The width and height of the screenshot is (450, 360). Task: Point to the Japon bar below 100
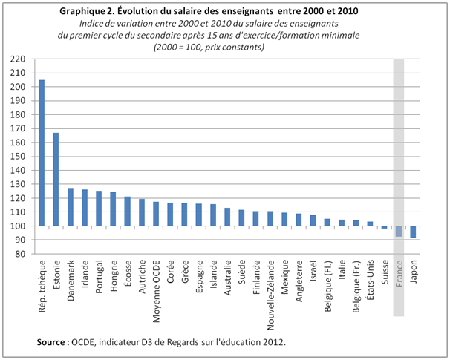[413, 232]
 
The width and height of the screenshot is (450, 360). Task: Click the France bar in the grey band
[399, 232]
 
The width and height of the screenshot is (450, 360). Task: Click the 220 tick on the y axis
[20, 59]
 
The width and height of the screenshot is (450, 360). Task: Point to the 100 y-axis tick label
[20, 226]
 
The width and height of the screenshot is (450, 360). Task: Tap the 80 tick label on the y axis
[22, 254]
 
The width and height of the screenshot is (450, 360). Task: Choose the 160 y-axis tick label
[20, 143]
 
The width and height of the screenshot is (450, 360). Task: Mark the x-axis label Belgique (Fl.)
[327, 283]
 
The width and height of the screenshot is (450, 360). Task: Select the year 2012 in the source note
[270, 342]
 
